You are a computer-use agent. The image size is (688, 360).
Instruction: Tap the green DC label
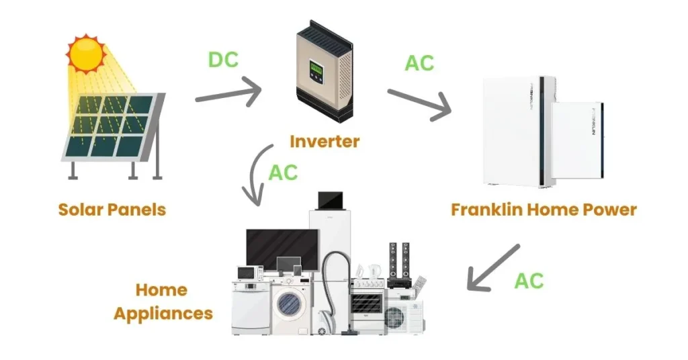(223, 59)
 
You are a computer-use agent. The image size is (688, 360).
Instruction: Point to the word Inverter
(325, 142)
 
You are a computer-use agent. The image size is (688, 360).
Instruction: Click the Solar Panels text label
(112, 210)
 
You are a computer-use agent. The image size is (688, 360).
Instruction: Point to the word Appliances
(163, 313)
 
